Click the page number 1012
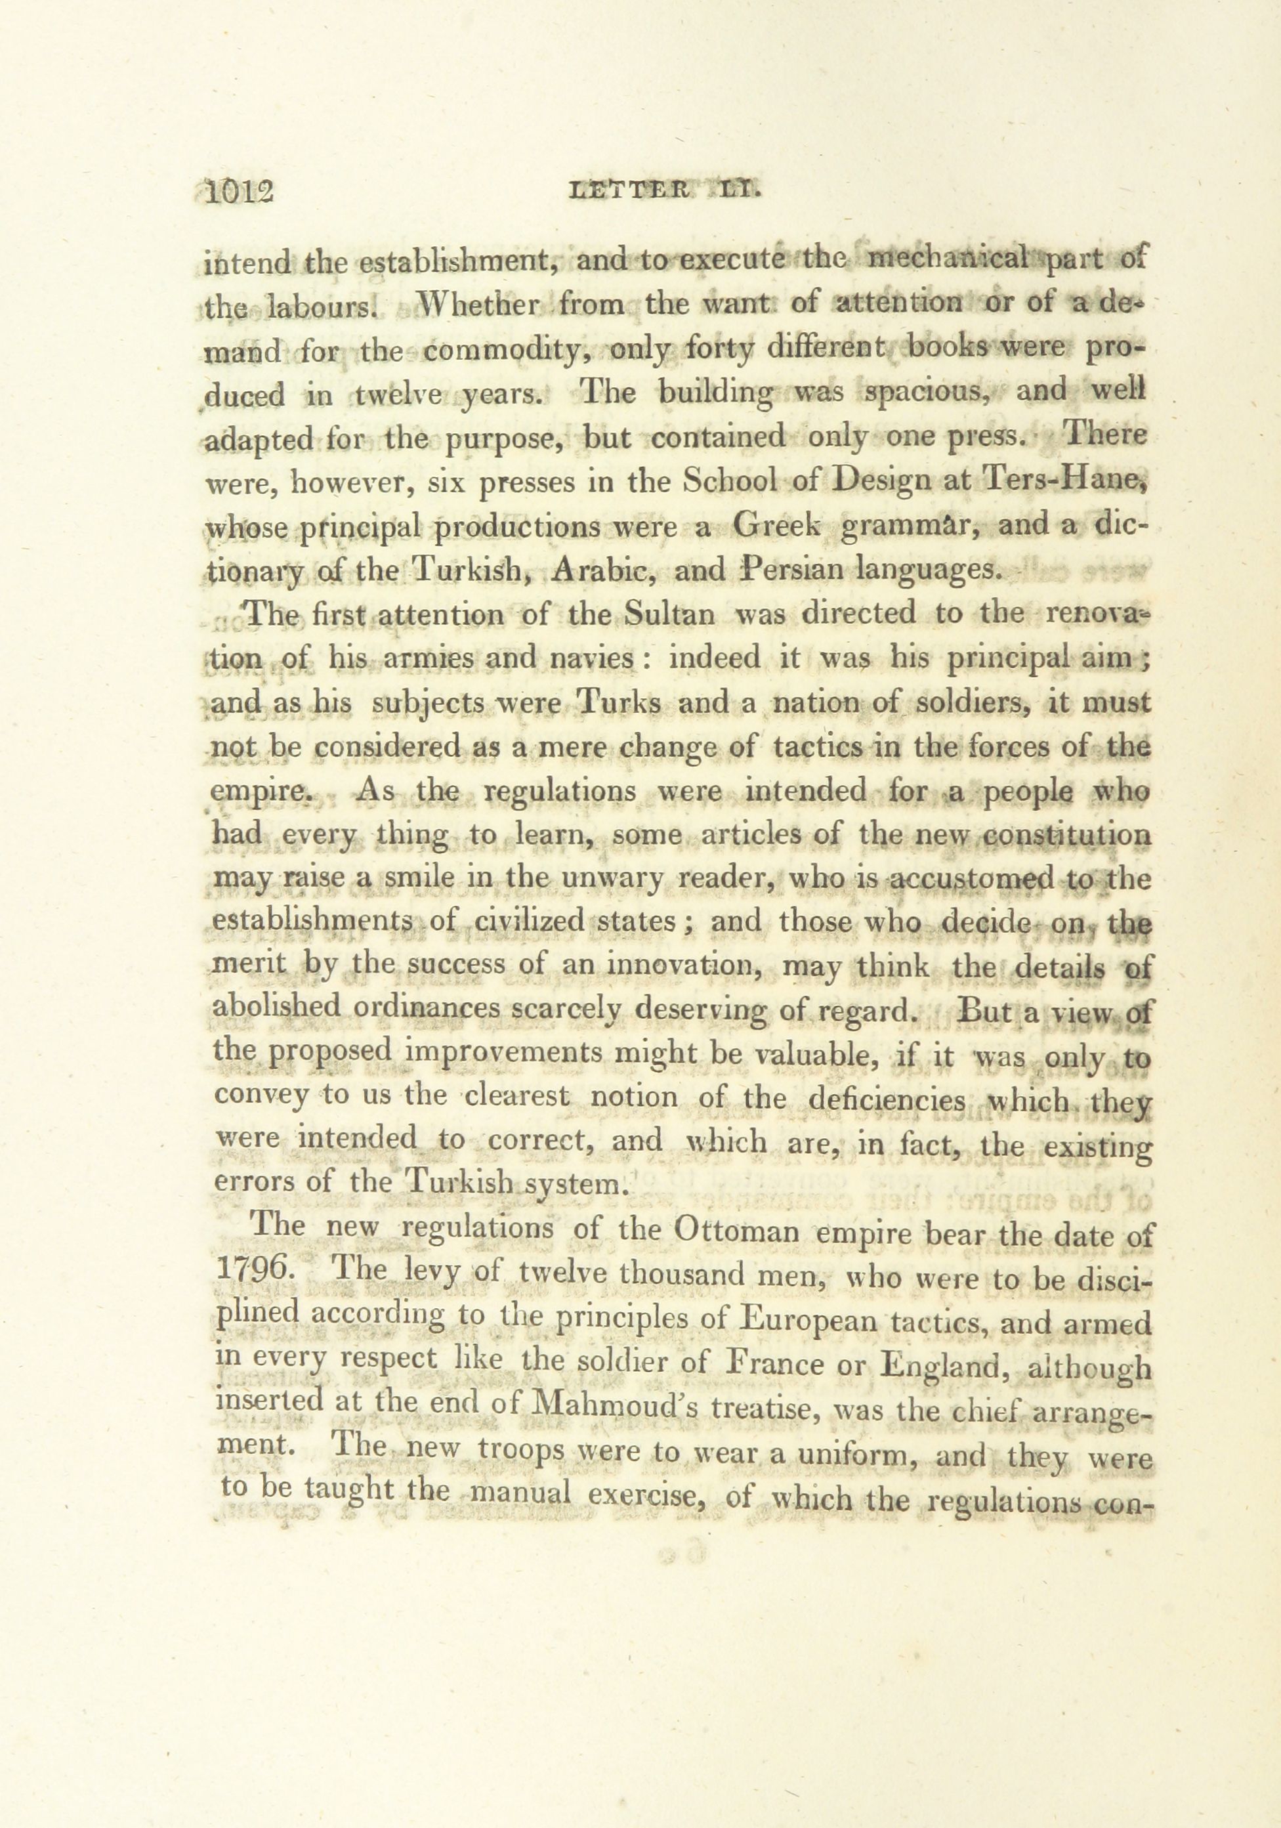pos(239,194)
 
